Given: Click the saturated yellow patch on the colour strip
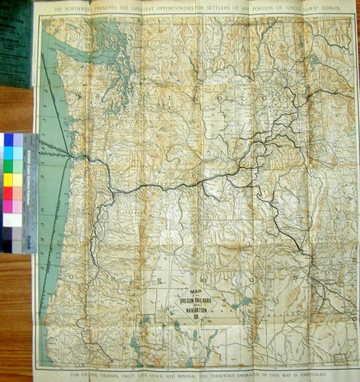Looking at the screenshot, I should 8,180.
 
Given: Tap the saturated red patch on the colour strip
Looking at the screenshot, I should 8,193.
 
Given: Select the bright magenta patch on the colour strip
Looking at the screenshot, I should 8,206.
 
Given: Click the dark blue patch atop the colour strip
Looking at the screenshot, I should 8,139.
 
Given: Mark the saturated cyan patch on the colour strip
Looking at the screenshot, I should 8,152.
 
